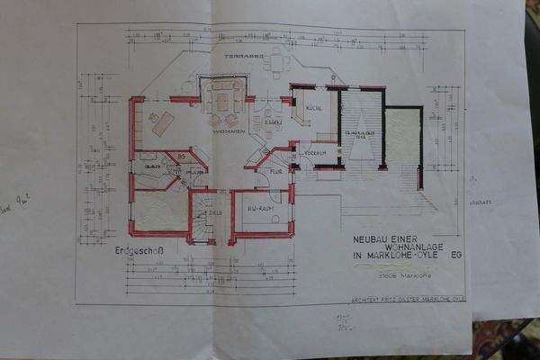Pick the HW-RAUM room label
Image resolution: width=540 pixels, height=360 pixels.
click(x=260, y=209)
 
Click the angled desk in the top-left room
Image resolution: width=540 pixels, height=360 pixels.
click(x=163, y=123)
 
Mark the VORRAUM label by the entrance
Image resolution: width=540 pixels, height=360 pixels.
click(x=313, y=154)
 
